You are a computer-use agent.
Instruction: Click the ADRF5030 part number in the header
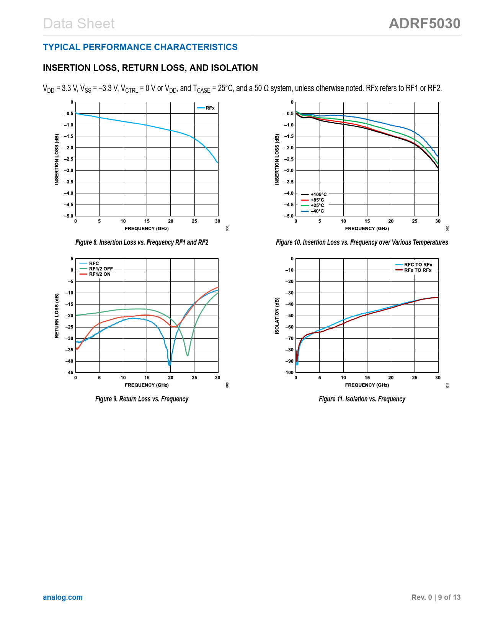click(424, 24)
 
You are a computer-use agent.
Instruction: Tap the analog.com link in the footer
click(63, 597)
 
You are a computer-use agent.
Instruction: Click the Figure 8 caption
click(142, 242)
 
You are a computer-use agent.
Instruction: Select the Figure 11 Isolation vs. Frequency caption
click(362, 399)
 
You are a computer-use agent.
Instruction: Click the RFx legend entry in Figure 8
click(210, 108)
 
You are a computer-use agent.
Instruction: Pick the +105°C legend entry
click(318, 195)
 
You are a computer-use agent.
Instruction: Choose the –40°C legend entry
click(317, 211)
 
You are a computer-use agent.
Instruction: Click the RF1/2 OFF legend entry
click(101, 269)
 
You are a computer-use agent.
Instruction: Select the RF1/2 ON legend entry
click(100, 274)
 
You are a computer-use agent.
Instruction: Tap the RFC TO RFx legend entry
click(418, 265)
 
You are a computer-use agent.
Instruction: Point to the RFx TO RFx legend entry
click(418, 270)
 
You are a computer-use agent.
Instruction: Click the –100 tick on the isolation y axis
click(289, 373)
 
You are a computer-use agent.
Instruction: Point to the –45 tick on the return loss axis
click(69, 373)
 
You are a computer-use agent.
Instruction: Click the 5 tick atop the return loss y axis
click(72, 259)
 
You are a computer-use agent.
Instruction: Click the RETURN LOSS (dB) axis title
click(57, 316)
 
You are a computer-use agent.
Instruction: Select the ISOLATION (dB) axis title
click(277, 316)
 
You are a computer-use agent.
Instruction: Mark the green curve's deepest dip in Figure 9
click(188, 355)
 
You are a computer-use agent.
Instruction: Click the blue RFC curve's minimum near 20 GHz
click(170, 365)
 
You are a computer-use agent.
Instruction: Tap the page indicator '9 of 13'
click(449, 597)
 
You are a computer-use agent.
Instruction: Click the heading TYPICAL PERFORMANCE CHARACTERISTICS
click(140, 47)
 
